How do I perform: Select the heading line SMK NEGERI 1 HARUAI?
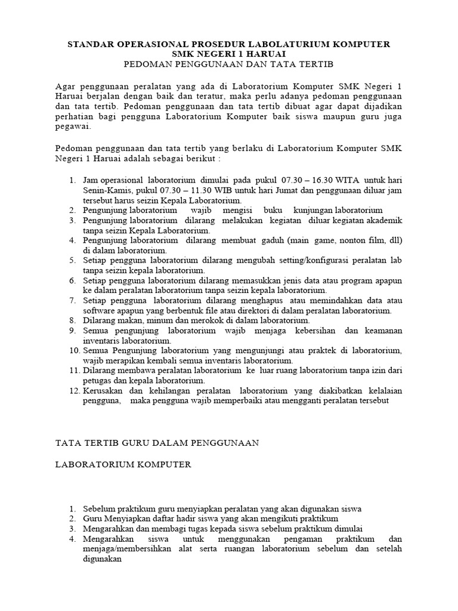229,54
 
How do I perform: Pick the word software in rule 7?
101,311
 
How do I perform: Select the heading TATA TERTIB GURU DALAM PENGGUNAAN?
156,443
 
